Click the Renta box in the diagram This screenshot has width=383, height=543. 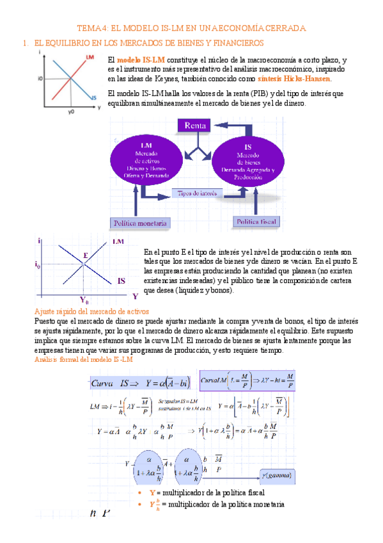coord(195,126)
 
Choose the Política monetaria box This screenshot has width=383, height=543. coord(140,223)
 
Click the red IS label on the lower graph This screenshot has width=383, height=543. coord(121,280)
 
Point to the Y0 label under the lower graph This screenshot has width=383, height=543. coord(84,300)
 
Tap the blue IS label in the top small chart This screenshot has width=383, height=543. coord(93,97)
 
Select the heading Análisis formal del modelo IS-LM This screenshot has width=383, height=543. coord(83,360)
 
